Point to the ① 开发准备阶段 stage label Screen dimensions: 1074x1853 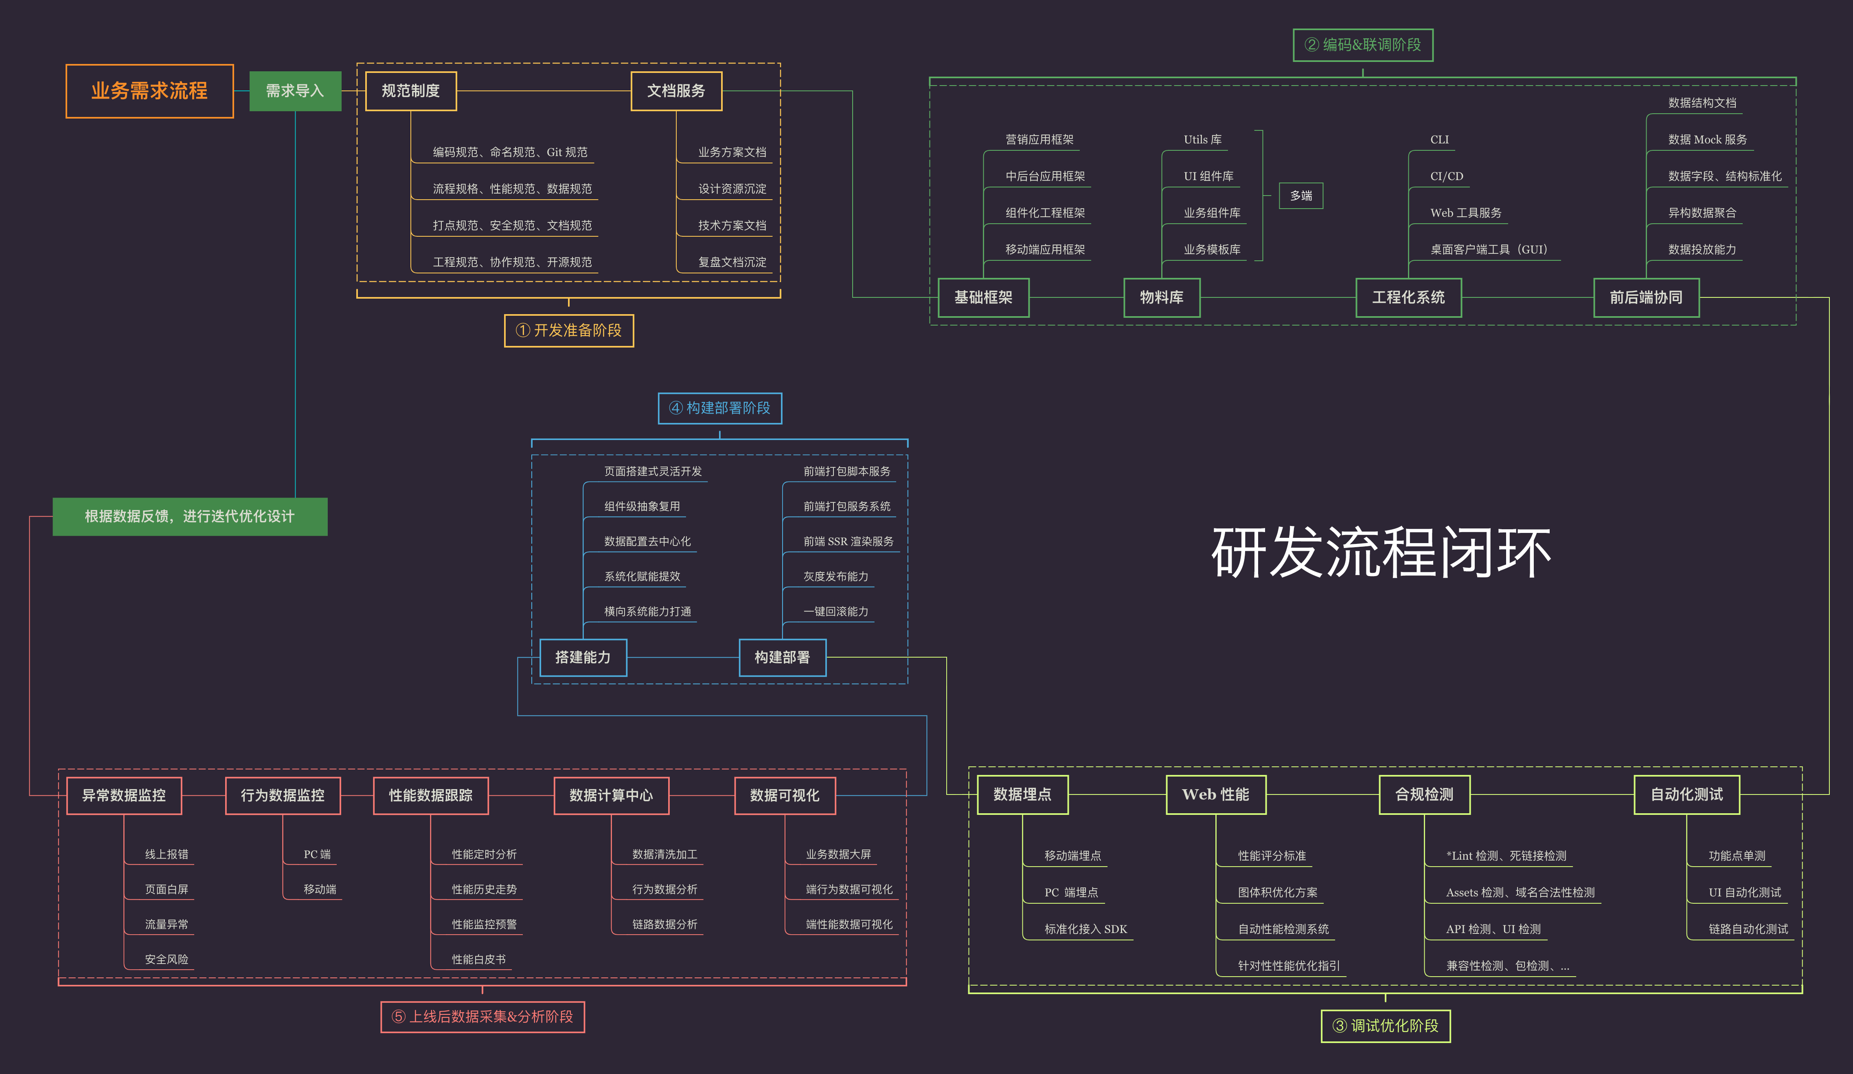tap(568, 330)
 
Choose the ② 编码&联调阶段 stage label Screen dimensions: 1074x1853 tap(1362, 45)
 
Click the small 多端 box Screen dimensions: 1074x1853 tap(1301, 196)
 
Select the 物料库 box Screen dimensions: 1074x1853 tap(1161, 297)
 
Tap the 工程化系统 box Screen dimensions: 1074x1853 tap(1408, 297)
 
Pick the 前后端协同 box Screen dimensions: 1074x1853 tap(1646, 297)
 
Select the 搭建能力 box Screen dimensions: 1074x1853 tap(582, 657)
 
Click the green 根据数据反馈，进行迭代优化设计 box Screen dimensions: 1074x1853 tap(190, 516)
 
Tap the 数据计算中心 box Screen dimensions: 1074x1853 tap(611, 795)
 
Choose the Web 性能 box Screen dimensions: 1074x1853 tap(1215, 794)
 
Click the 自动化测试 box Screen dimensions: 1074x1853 tap(1686, 794)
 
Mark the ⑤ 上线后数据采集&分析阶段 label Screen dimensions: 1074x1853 tap(482, 1017)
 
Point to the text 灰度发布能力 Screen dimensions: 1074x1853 tap(835, 577)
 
